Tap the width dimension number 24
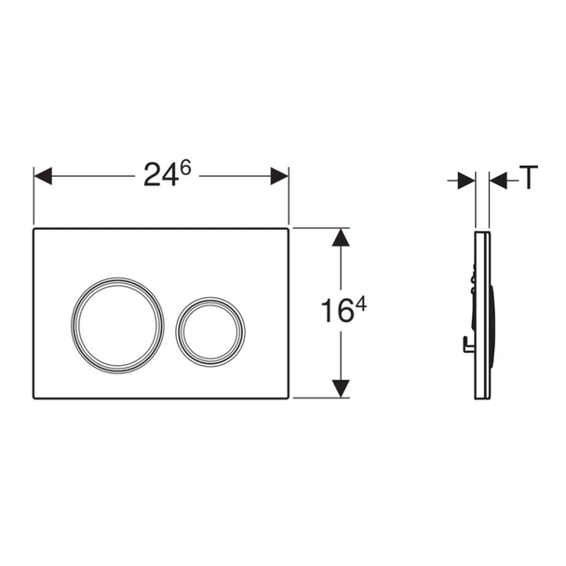[x=161, y=176]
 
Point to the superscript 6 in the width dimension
[x=185, y=168]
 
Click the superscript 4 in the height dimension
[x=361, y=305]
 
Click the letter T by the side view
[x=529, y=177]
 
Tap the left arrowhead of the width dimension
[x=43, y=176]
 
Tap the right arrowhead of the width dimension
[x=279, y=176]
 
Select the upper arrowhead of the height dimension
[x=341, y=237]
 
